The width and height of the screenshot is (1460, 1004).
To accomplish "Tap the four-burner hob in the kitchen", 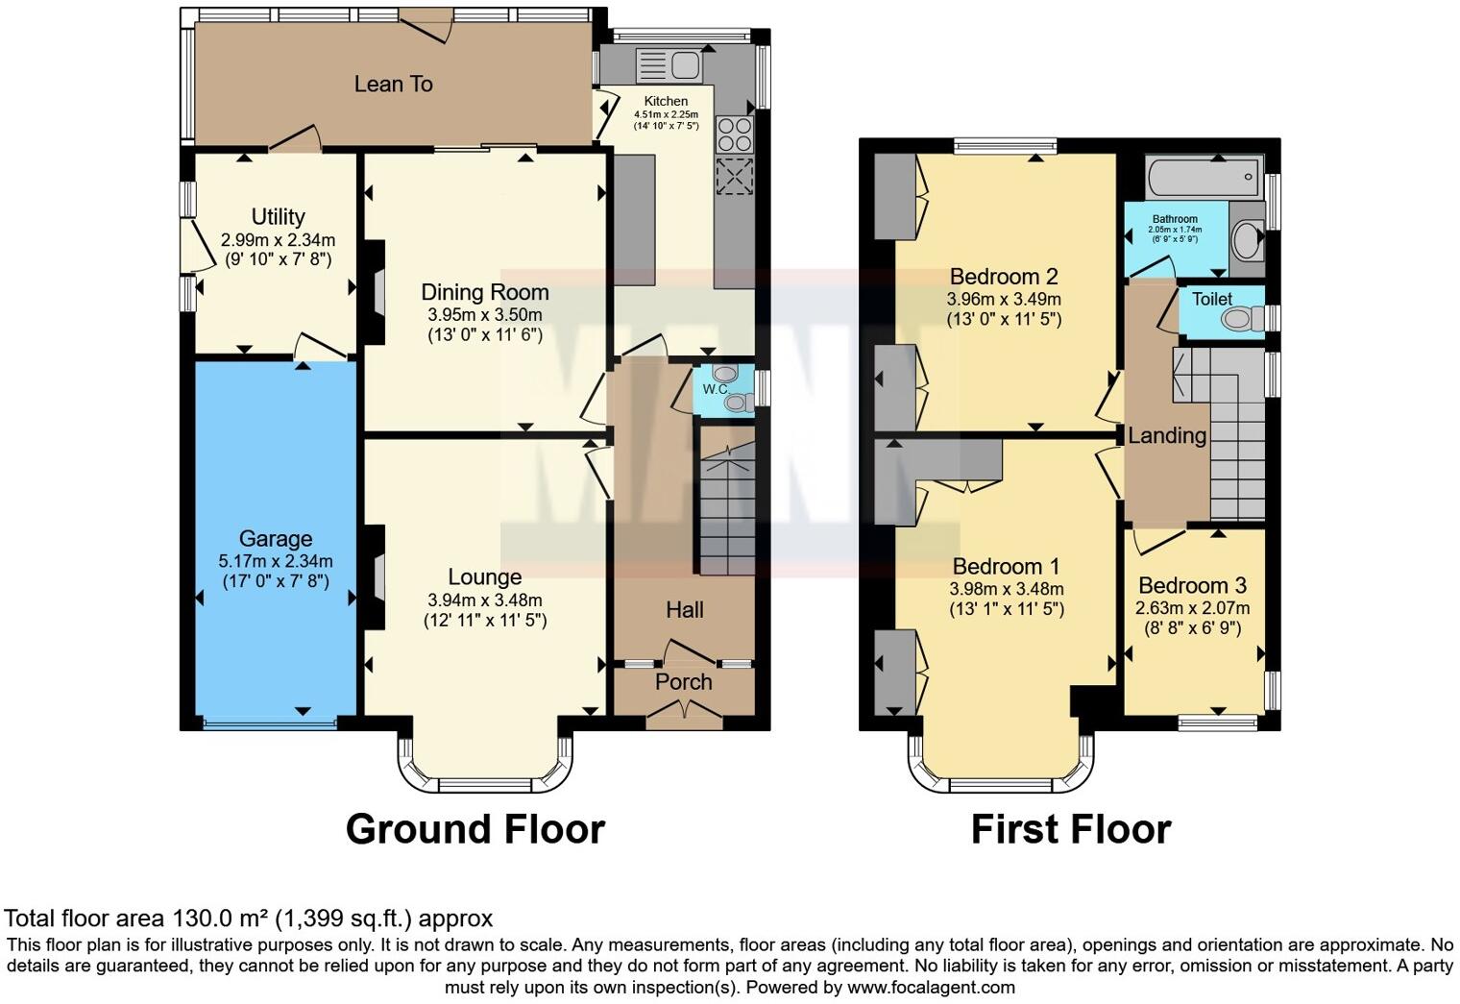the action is click(x=734, y=134).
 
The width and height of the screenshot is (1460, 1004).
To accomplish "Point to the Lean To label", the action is click(x=393, y=85).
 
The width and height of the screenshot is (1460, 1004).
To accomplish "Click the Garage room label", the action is click(x=275, y=538).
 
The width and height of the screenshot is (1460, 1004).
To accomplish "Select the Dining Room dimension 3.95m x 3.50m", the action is click(x=484, y=315).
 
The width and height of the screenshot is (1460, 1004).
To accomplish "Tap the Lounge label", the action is click(x=484, y=577).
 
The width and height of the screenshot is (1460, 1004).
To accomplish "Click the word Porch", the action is click(x=683, y=682).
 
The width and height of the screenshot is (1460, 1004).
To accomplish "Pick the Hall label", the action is click(x=684, y=610).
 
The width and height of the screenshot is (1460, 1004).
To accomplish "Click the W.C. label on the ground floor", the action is click(x=715, y=389).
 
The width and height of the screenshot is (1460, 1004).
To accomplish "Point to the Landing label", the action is click(x=1167, y=435).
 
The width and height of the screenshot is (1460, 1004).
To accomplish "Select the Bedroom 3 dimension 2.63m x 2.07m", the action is click(x=1192, y=608).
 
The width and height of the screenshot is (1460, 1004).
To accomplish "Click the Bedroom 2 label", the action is click(x=1003, y=277).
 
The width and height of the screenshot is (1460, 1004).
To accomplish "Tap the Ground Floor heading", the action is click(x=475, y=830).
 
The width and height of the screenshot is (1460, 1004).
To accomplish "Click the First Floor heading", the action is click(x=1071, y=830).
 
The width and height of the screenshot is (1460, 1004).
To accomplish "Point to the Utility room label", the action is click(x=278, y=216).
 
